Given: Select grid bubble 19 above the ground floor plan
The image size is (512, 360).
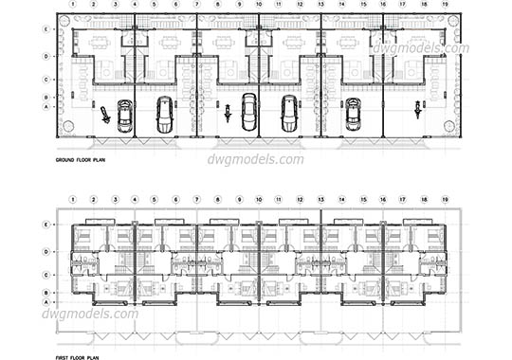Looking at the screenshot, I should [446, 5].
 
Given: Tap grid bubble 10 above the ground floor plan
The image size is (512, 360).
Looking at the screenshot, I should [260, 5].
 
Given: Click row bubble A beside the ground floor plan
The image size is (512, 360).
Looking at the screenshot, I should [47, 107].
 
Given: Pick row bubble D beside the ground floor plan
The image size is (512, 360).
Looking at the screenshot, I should [47, 56].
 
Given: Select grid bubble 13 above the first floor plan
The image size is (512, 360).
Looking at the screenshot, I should [321, 200].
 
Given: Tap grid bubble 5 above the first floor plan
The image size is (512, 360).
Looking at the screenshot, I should [155, 200].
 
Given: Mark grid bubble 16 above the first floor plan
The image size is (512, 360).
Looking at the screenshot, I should [383, 200].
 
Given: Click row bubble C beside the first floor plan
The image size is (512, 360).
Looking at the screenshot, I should [47, 275].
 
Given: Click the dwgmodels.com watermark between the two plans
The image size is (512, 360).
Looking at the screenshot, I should [257, 159].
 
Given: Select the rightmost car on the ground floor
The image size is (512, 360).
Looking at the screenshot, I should [353, 113].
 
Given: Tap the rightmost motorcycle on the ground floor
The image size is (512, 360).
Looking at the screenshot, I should [415, 113].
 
